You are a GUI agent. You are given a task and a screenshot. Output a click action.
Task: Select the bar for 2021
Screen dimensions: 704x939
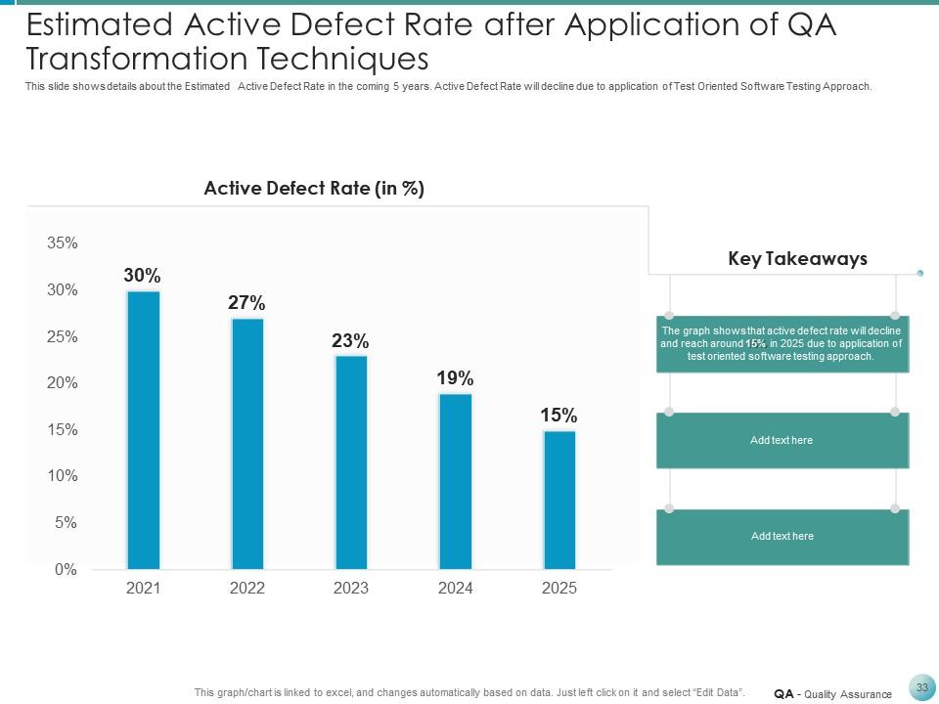144,430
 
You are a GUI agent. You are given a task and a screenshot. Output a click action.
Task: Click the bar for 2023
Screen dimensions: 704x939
351,462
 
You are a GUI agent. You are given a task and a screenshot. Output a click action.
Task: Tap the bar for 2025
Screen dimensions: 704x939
559,499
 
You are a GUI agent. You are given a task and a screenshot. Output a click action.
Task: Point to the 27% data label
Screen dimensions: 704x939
246,303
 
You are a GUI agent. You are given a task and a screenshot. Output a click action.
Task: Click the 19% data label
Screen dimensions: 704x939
455,377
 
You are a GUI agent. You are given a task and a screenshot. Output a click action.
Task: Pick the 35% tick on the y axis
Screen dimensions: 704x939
63,243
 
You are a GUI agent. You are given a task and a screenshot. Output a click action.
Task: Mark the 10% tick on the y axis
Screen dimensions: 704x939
63,476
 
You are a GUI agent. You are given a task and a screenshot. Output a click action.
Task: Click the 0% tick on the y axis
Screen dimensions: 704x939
66,569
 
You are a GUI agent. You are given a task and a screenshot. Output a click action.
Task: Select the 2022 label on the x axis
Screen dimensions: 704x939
246,588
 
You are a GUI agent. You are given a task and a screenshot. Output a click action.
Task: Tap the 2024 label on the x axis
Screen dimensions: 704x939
455,588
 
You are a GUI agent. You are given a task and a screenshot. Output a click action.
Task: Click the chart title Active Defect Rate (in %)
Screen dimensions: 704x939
314,189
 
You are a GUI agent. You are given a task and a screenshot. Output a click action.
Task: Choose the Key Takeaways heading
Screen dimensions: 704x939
798,259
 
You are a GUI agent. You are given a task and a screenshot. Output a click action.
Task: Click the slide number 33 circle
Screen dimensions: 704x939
921,687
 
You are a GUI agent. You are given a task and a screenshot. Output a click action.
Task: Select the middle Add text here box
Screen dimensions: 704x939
782,440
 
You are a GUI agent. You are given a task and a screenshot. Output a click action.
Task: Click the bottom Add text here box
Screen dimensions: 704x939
782,536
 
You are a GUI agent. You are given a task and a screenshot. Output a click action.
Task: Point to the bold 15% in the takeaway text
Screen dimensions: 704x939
755,344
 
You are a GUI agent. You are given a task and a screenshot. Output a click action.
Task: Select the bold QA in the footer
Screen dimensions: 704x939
782,694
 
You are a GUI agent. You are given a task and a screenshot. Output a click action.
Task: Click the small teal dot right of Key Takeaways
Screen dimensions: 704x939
920,273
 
